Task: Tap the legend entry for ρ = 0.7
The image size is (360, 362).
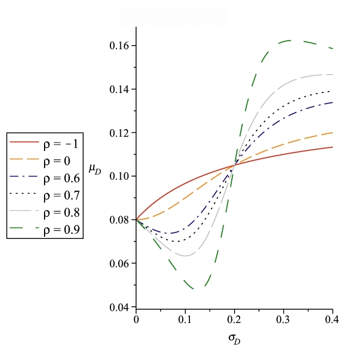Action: (x=45, y=195)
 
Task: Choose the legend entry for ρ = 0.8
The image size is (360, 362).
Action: (x=45, y=213)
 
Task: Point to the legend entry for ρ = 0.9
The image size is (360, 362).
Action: (x=45, y=229)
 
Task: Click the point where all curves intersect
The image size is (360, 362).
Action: (x=235, y=165)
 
